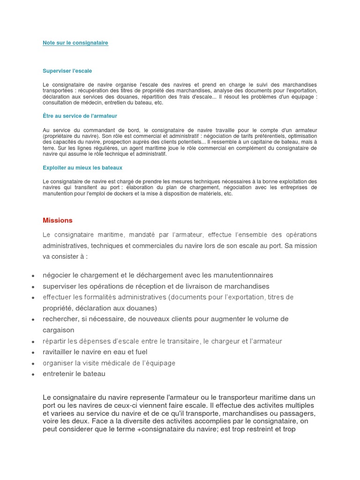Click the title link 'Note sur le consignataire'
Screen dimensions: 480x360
pos(75,43)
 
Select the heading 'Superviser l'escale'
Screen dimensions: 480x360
pos(67,71)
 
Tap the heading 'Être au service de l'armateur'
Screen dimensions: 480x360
pos(80,116)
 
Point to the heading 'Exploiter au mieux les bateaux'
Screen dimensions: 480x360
pos(82,167)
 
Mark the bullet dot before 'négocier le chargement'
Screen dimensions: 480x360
pos(33,276)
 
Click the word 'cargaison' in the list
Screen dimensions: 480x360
pos(59,330)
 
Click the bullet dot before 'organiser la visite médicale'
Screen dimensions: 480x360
pos(33,364)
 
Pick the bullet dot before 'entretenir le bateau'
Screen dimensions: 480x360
pos(33,375)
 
